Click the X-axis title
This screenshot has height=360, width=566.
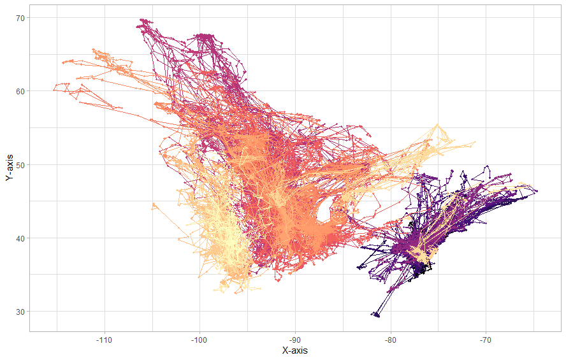[295, 350]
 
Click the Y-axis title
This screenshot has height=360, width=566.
[9, 168]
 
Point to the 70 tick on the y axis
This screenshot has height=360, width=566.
[20, 18]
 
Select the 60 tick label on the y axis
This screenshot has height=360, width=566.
[20, 91]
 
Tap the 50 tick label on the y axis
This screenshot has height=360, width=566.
[20, 165]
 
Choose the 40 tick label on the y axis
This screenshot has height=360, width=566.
[20, 238]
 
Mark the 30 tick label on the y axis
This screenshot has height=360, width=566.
[20, 312]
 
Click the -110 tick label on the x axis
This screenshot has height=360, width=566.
[104, 339]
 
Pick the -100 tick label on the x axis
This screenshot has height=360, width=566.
[200, 339]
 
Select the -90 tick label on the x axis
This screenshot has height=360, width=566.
[295, 339]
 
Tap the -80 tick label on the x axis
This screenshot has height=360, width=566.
[391, 339]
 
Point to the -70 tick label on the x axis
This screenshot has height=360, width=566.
[486, 339]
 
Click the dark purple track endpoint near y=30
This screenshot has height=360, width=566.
[376, 315]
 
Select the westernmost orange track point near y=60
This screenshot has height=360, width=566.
[54, 90]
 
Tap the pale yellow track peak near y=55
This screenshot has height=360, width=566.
[437, 124]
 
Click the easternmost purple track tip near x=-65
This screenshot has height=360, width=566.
[537, 191]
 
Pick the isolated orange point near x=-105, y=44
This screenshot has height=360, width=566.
[153, 205]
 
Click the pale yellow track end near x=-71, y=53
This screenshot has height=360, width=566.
[475, 142]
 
